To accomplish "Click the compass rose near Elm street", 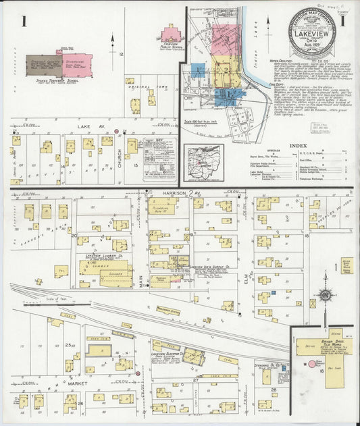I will (326, 296).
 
